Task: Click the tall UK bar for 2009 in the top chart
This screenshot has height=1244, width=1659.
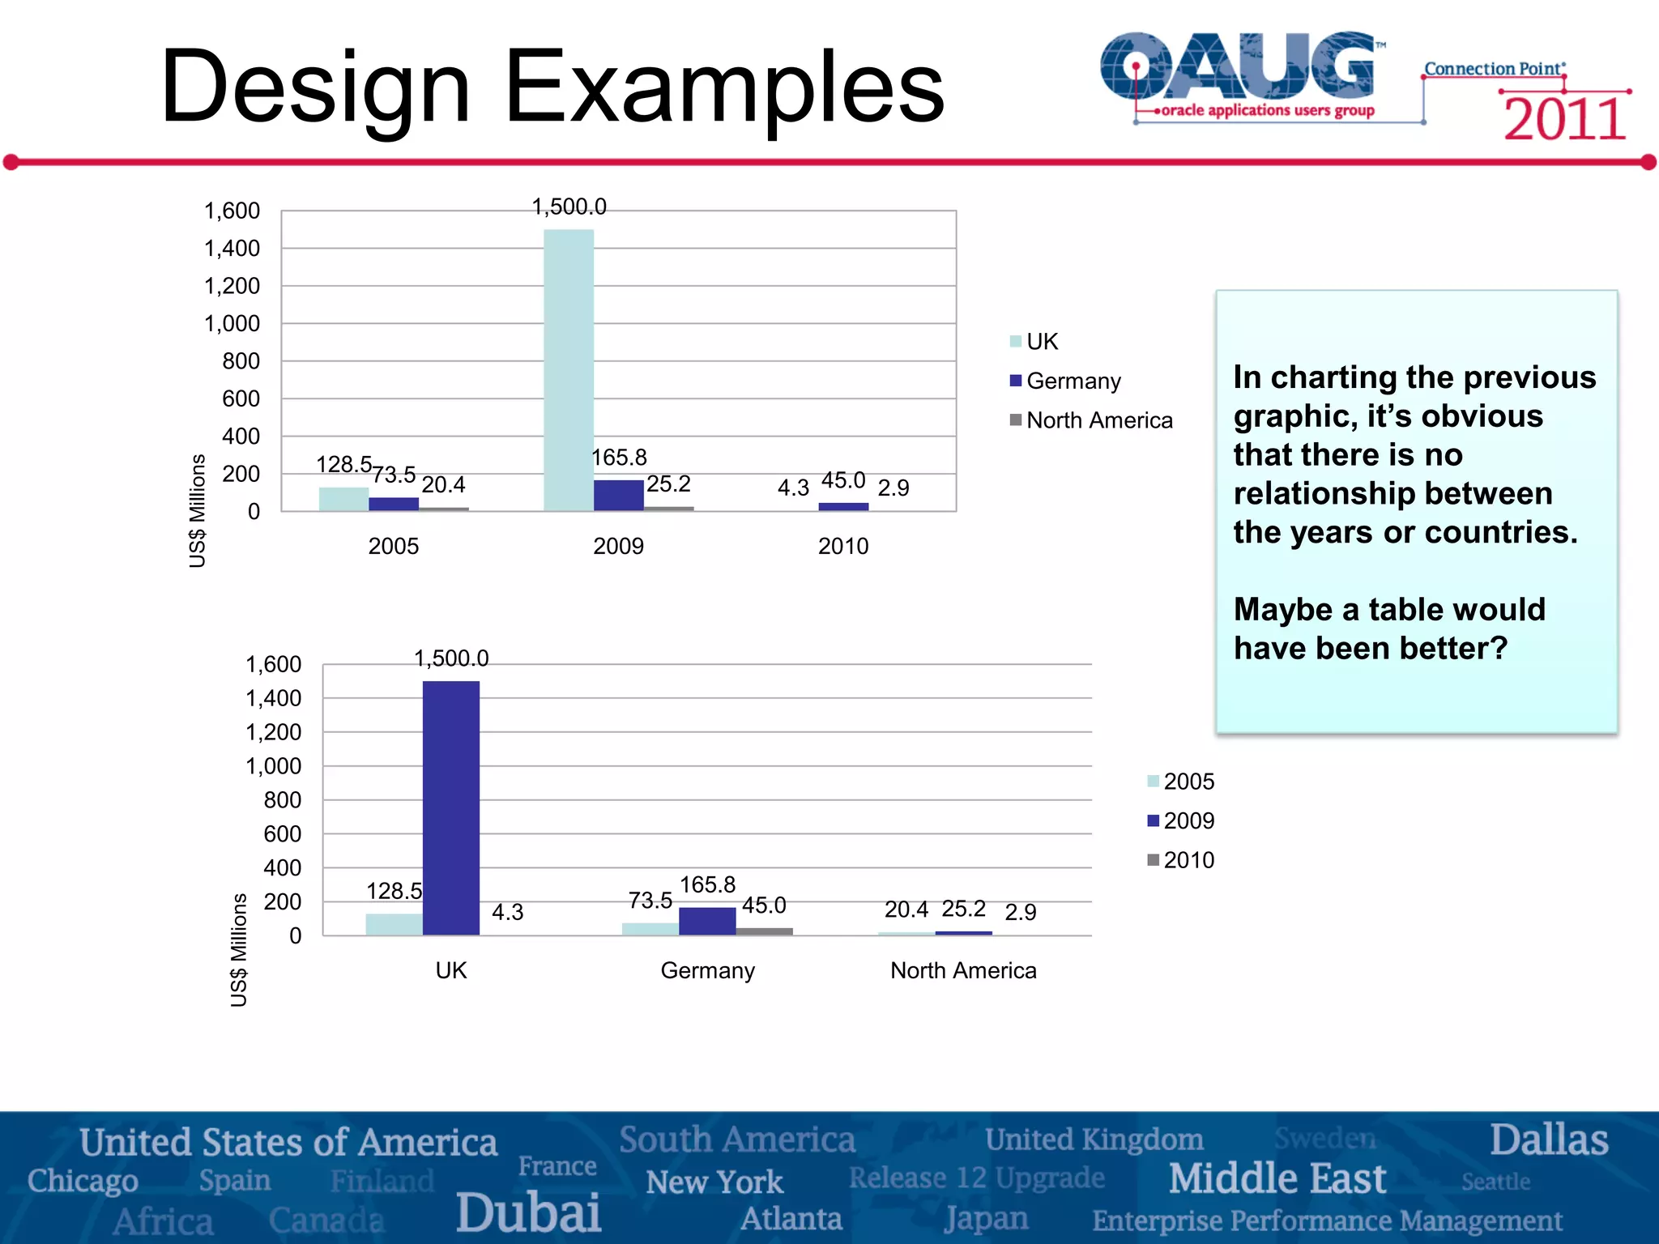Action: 568,369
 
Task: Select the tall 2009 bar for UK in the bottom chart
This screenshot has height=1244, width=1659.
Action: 450,807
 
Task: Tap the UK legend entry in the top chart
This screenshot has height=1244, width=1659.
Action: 1041,342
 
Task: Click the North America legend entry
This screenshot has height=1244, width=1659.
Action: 1098,420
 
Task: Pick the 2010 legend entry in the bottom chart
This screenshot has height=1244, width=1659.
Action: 1188,860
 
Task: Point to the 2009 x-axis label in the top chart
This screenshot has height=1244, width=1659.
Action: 618,546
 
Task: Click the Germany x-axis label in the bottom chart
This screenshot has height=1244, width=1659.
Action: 707,970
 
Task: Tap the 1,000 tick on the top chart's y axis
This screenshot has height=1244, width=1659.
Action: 232,324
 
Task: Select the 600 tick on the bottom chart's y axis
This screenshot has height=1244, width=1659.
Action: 282,834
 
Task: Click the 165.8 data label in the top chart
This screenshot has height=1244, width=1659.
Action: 619,458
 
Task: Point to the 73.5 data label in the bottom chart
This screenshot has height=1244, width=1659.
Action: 650,901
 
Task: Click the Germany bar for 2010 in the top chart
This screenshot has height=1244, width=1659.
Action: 843,507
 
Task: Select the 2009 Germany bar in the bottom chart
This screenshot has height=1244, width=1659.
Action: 707,921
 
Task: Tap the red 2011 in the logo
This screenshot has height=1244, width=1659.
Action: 1564,120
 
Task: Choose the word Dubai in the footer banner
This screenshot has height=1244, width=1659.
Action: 528,1212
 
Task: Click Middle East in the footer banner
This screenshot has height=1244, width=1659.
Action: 1277,1178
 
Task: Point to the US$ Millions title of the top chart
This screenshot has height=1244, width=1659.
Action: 198,510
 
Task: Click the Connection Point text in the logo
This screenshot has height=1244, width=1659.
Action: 1494,69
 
